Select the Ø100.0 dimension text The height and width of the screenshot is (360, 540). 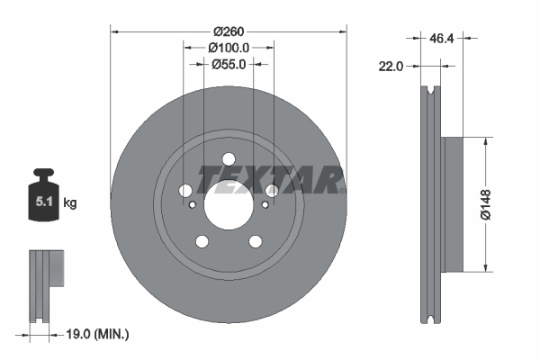229,46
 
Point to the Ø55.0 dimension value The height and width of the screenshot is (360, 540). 229,64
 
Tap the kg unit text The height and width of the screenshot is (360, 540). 70,203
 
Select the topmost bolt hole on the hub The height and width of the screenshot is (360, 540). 228,158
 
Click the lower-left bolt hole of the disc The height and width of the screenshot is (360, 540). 202,241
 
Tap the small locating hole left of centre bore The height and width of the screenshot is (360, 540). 192,204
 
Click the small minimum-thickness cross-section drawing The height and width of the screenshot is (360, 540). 45,283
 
